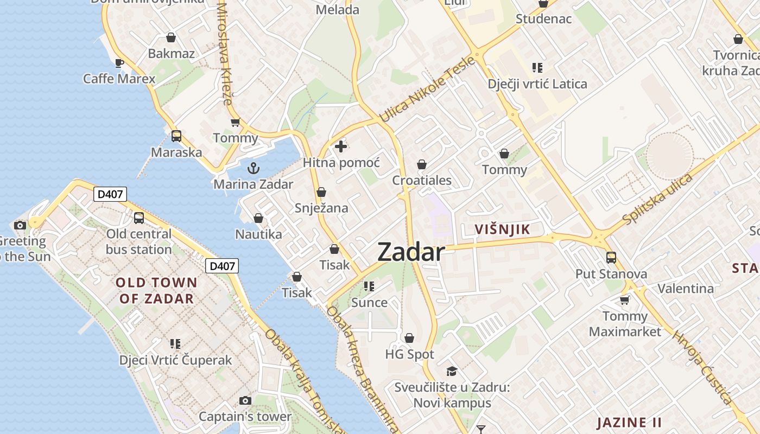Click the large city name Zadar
pyautogui.click(x=411, y=252)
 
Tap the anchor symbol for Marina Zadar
pyautogui.click(x=254, y=168)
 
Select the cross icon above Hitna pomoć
pyautogui.click(x=341, y=146)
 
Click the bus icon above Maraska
pyautogui.click(x=176, y=136)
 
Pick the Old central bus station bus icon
pyautogui.click(x=139, y=218)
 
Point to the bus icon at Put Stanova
pyautogui.click(x=611, y=258)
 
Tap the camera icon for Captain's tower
pyautogui.click(x=245, y=400)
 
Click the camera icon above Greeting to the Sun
pyautogui.click(x=20, y=225)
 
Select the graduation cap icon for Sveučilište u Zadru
pyautogui.click(x=452, y=372)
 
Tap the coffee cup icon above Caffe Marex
pyautogui.click(x=119, y=63)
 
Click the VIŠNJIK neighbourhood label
pyautogui.click(x=502, y=229)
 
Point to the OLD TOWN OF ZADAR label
pyautogui.click(x=156, y=290)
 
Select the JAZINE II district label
pyautogui.click(x=630, y=422)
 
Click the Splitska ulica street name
pyautogui.click(x=658, y=199)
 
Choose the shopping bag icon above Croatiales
pyautogui.click(x=422, y=164)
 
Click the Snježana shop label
pyautogui.click(x=321, y=208)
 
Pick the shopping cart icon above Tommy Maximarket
pyautogui.click(x=625, y=300)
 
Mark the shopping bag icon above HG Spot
pyautogui.click(x=409, y=339)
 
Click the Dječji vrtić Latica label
pyautogui.click(x=537, y=84)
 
